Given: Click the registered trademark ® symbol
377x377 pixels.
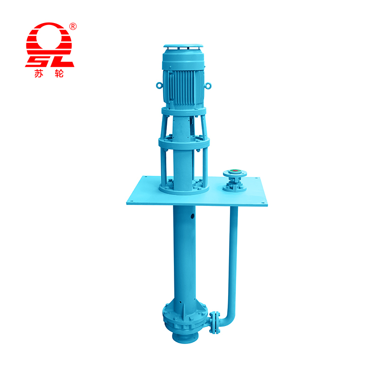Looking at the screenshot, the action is pos(73,26).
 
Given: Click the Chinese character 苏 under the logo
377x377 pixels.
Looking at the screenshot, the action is pos(39,74).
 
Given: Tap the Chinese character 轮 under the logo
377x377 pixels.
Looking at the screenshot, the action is pos(59,74).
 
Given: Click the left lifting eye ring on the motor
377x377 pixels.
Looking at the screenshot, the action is pos(159,85).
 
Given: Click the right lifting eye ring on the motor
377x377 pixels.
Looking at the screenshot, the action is pos(208,86).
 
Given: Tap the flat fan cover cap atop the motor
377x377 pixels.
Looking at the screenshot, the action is pos(183,46).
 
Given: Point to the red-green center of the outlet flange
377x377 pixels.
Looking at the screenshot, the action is pos(234,171).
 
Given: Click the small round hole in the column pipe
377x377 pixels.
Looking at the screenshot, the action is pos(192,216).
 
